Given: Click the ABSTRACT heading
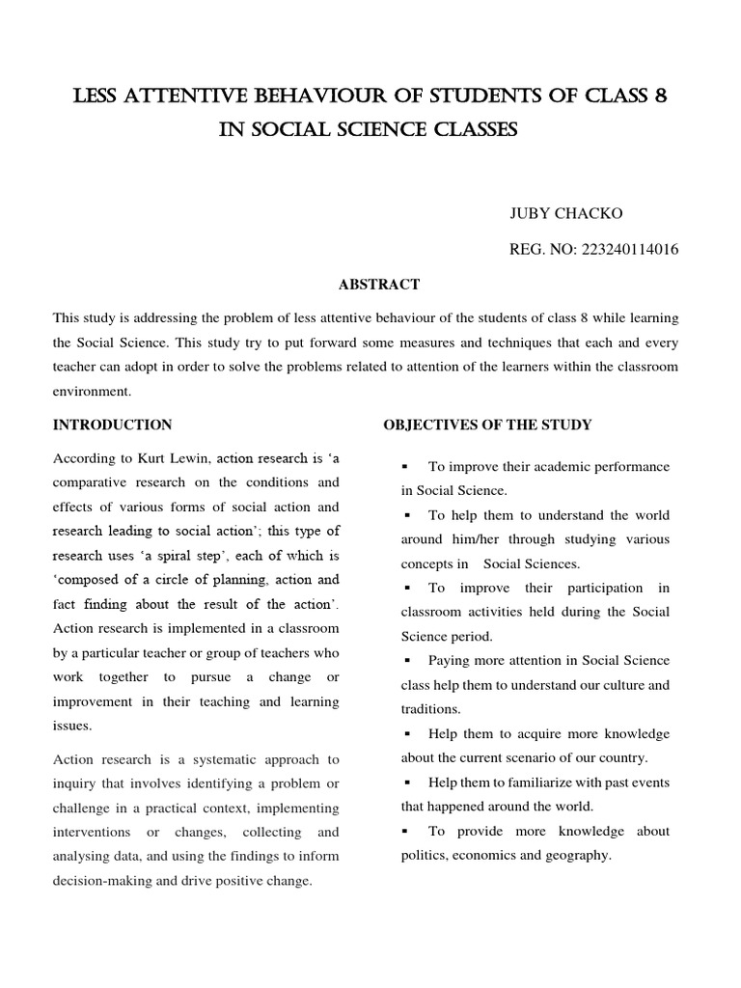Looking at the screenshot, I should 378,284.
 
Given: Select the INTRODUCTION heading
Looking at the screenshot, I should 112,425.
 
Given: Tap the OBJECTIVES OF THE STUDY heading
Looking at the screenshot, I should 487,425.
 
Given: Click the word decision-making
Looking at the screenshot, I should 102,880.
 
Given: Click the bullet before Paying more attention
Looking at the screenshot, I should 407,661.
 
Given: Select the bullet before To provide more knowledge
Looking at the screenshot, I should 407,832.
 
